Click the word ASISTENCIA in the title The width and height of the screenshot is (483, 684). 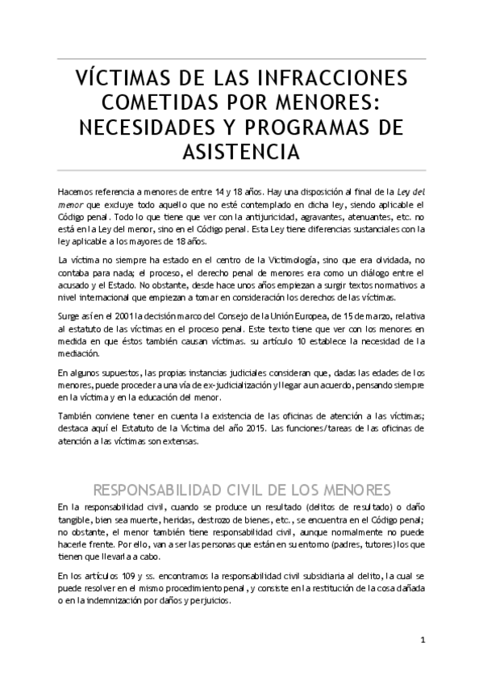[x=241, y=152]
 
